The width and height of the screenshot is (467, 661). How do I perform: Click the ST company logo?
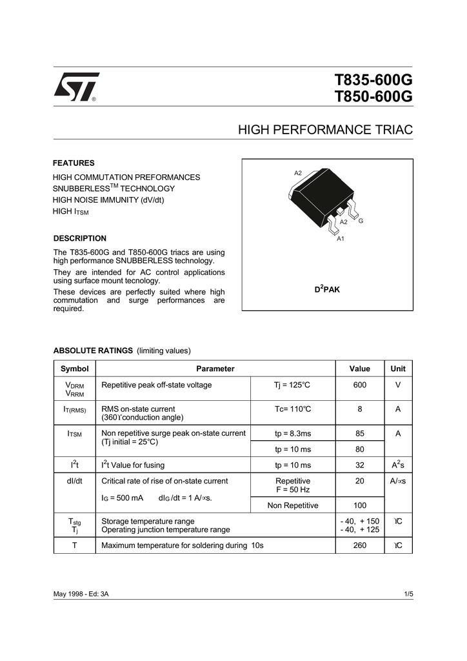coord(76,86)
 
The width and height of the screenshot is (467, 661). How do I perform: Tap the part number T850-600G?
coord(373,97)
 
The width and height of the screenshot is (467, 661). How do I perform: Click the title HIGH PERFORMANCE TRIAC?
coord(325,130)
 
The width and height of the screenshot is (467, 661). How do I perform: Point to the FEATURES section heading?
coord(74,163)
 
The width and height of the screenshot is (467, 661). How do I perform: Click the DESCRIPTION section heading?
coord(79,238)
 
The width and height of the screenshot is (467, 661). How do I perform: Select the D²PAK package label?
coord(327,289)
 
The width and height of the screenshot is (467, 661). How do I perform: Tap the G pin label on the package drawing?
coord(361,221)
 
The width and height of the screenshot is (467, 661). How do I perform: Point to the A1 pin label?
coord(341,239)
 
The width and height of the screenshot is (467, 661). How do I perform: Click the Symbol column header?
coord(74,369)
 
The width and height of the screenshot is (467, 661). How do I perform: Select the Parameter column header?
coord(215,369)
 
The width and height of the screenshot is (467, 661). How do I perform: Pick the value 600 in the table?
coord(359,385)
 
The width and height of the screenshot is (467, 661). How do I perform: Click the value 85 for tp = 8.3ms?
coord(359,434)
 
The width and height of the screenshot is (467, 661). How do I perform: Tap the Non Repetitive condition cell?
coord(293,506)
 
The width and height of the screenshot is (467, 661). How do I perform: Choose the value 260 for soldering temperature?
coord(359,545)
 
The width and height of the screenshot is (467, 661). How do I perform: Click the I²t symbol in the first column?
coord(74,465)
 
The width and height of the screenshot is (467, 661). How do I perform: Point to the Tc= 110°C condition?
coord(293,409)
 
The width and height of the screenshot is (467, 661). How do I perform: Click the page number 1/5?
coord(408,593)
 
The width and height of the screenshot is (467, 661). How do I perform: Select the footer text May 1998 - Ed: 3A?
coord(81,593)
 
